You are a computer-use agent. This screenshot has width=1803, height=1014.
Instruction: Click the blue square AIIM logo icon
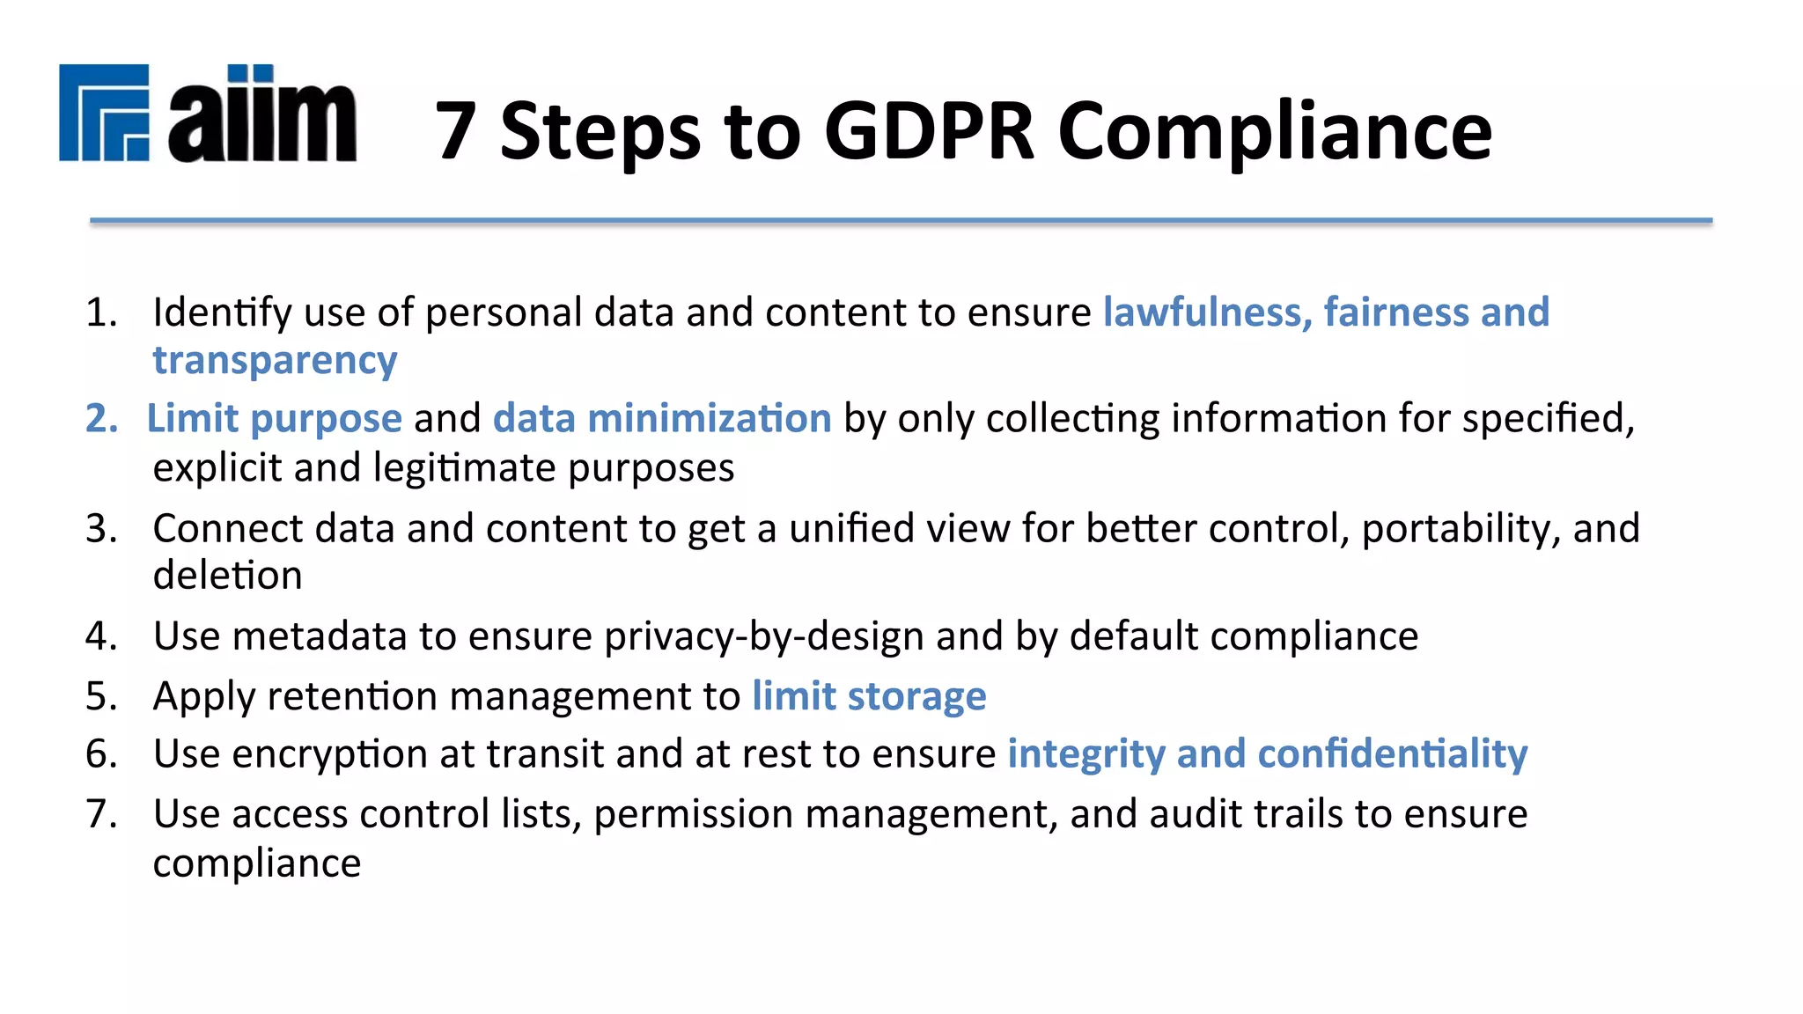pos(104,113)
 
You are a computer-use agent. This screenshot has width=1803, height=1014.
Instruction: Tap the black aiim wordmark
pos(262,114)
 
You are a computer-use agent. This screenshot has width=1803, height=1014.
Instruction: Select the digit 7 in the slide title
pos(456,132)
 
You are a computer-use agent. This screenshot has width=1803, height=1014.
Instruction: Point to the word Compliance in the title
pos(1274,132)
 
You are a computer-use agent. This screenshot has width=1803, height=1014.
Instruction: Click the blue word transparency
pos(275,361)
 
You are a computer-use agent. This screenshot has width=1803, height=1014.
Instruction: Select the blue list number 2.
pos(100,418)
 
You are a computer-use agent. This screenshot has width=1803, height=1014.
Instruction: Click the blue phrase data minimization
pos(662,418)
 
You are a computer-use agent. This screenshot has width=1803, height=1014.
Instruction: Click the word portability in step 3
pos(1453,529)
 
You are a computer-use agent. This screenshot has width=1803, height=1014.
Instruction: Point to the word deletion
pos(227,576)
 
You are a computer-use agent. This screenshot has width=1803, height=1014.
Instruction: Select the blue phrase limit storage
pos(869,696)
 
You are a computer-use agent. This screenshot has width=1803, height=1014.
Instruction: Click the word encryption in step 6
pos(329,754)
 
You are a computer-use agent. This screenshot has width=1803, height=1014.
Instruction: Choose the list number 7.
pos(100,813)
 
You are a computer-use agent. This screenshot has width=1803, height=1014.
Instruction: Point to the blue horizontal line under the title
pos(901,220)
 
